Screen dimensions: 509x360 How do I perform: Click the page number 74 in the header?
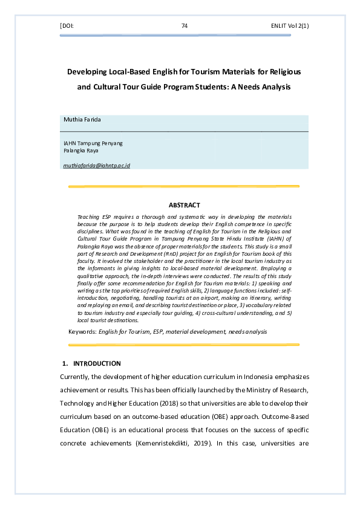185,26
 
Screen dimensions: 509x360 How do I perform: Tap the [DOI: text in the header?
67,26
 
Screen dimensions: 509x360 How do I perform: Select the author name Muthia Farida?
83,120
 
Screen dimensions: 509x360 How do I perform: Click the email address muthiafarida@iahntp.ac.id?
97,165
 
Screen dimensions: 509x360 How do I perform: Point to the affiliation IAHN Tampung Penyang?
93,143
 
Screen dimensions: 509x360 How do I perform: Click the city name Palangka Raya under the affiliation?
80,151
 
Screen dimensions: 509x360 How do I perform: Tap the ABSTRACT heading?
184,206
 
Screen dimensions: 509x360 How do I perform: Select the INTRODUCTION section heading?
97,363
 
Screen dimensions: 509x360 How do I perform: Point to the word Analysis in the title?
275,87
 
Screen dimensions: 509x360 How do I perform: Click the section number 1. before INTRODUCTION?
65,363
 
